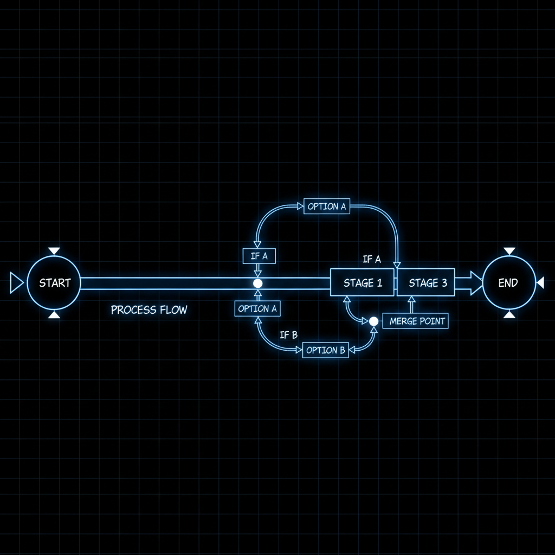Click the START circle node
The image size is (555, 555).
coord(54,283)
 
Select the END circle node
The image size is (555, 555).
coord(508,283)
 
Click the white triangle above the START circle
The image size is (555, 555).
coord(54,251)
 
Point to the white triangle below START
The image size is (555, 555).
coord(54,314)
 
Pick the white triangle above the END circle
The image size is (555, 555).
coord(509,251)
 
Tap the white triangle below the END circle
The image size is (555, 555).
coord(509,314)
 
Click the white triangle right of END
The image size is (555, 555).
coord(540,283)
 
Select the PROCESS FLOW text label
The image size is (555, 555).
coord(149,310)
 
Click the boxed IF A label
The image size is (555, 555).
coord(259,256)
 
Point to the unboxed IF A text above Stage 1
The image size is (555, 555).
coord(372,260)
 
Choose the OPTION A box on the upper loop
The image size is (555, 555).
coord(327,206)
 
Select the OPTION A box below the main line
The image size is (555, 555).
coord(257,309)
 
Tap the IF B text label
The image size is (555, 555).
coord(288,335)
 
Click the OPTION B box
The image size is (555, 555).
coord(325,350)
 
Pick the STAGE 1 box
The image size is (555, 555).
coord(362,283)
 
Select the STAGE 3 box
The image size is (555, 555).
coord(426,283)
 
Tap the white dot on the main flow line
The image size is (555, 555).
coord(258,283)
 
